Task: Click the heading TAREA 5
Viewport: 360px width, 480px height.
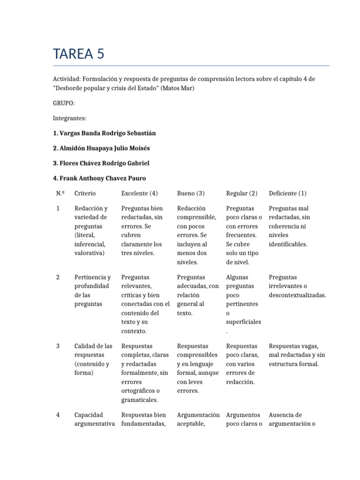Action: point(79,54)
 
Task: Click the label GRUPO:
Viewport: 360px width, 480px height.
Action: point(64,103)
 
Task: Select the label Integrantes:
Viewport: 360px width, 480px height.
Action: point(70,118)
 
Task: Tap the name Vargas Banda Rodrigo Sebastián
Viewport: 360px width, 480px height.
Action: point(105,133)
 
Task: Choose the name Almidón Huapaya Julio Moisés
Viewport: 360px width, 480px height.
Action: point(102,148)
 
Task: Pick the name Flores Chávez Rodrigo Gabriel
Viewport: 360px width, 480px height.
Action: point(102,163)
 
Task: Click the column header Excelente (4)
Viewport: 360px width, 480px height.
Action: point(139,193)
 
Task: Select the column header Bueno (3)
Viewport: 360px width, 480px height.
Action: point(191,193)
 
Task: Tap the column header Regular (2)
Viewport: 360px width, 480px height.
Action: point(242,193)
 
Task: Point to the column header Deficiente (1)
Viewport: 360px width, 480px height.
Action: point(288,193)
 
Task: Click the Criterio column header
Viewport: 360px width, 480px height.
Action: point(85,193)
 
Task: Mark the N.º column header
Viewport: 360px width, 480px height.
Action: point(59,193)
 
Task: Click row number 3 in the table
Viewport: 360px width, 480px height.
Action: point(58,346)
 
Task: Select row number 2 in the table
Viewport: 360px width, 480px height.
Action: point(58,277)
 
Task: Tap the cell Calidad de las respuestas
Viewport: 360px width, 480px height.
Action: point(93,359)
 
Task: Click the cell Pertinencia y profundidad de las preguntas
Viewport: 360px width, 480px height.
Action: point(93,290)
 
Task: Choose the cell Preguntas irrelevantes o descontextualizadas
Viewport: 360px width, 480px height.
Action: point(297,286)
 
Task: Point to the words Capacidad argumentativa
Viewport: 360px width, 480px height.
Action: point(95,419)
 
